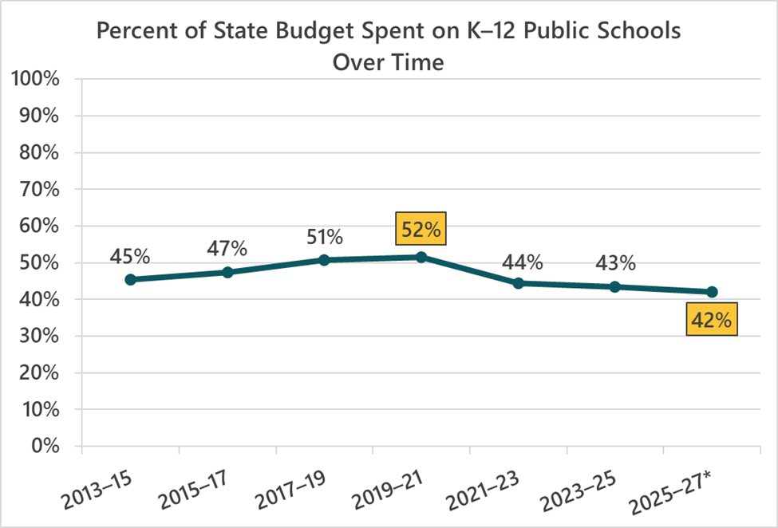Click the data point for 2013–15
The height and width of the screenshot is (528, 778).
coord(130,279)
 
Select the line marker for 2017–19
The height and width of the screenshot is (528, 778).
coord(324,260)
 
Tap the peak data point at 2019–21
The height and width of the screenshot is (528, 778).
coord(421,257)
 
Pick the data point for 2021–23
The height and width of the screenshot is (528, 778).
coord(518,283)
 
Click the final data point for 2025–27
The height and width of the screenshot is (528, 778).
coord(712,292)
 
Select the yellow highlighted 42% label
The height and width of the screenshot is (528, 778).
coord(711,320)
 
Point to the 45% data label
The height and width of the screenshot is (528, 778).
coord(131,257)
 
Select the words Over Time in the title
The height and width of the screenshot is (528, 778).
coord(388,61)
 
